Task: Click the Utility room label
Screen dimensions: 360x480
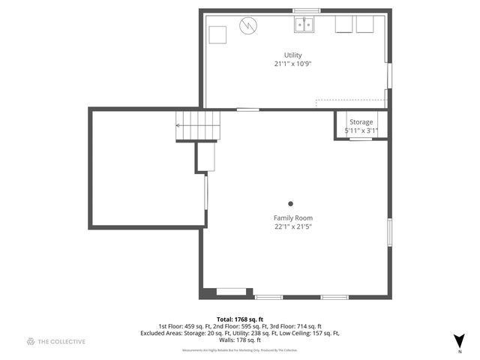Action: click(x=292, y=55)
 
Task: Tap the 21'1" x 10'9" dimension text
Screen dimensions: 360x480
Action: click(x=292, y=64)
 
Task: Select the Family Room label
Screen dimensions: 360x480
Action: click(x=292, y=218)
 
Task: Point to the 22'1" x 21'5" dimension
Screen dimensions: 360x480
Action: click(x=292, y=227)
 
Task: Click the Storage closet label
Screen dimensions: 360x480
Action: click(x=361, y=121)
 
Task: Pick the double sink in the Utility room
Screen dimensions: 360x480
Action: click(x=304, y=25)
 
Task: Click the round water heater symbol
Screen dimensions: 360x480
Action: click(x=247, y=26)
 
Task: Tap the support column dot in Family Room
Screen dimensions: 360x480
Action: click(x=291, y=202)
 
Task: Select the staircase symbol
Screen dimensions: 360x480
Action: click(x=199, y=125)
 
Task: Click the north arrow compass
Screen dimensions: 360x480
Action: click(x=459, y=340)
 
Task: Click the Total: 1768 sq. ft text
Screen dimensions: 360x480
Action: click(x=239, y=319)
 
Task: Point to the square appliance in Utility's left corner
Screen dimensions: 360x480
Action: click(x=217, y=34)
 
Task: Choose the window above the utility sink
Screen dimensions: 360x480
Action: click(x=306, y=10)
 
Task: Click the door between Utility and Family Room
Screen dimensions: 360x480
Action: click(x=248, y=110)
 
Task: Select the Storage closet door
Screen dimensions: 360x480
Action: click(x=361, y=139)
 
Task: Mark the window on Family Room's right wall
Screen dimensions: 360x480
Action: click(x=389, y=232)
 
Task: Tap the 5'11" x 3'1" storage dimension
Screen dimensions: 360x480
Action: click(x=361, y=130)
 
